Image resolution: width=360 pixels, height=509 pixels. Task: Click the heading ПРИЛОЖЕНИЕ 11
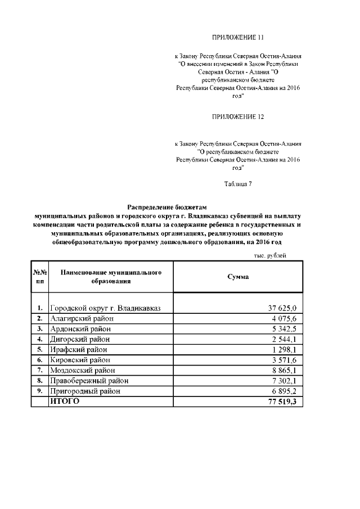(238, 38)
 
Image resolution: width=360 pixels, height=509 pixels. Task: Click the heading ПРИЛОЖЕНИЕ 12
(238, 117)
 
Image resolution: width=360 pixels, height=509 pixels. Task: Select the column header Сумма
(238, 277)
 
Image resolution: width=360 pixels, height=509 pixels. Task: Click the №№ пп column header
(40, 277)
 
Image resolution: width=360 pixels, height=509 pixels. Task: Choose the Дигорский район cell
(80, 339)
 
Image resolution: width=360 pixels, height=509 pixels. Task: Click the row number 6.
(40, 359)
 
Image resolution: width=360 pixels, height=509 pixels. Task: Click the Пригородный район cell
(85, 390)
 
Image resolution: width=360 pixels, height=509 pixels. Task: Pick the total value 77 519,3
(283, 401)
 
